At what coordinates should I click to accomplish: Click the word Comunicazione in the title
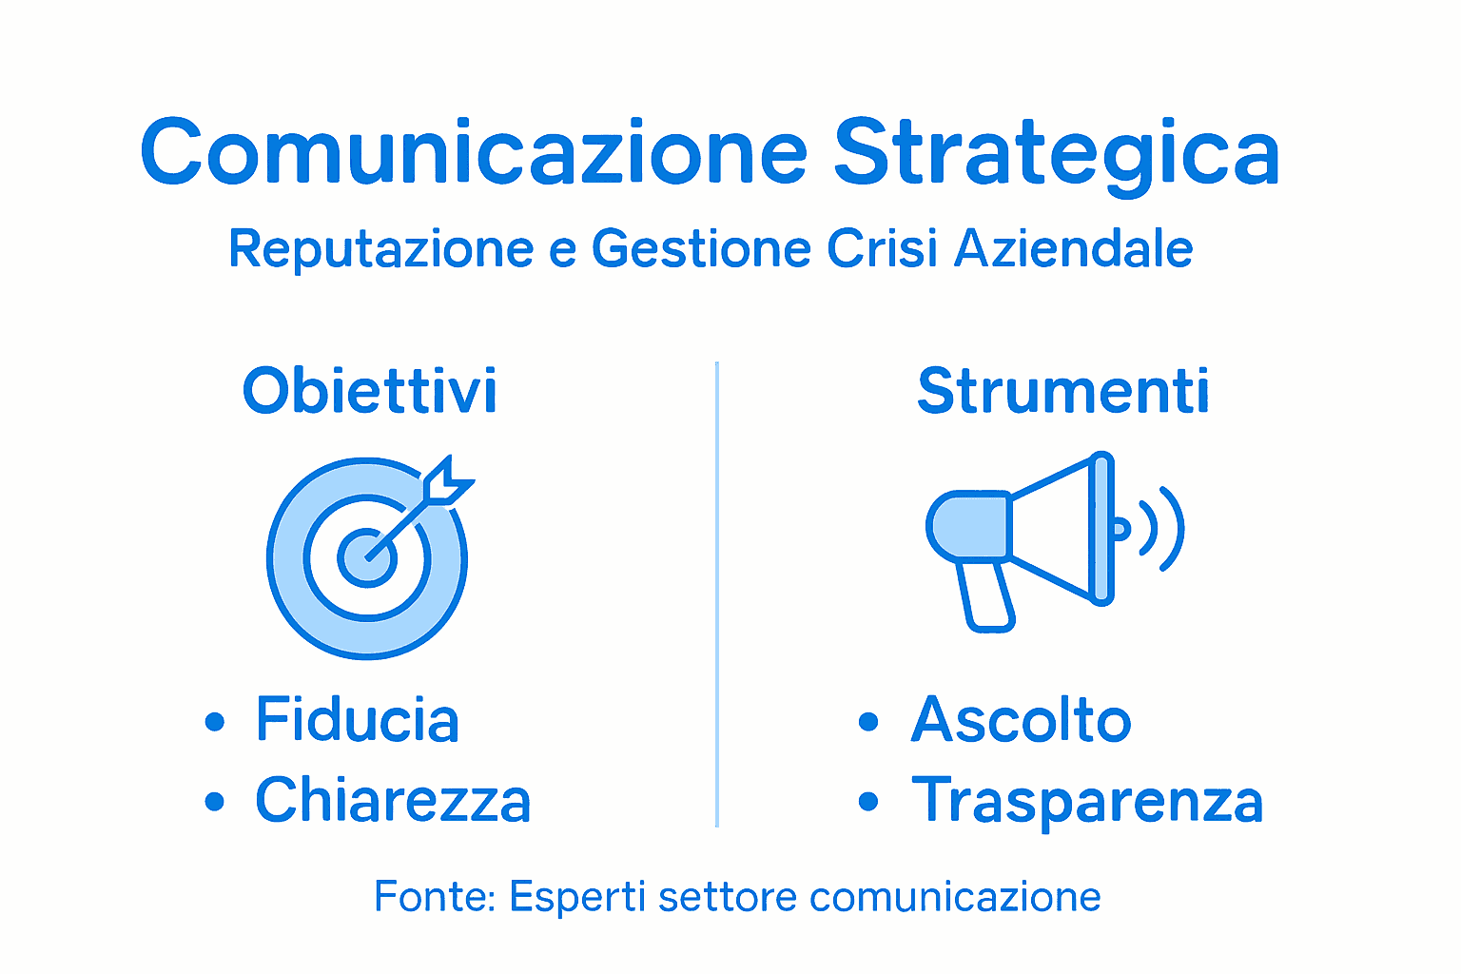tap(474, 152)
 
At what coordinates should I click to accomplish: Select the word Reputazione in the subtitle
tap(380, 249)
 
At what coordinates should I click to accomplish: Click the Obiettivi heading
tap(370, 391)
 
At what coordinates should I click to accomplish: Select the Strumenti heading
tap(1062, 391)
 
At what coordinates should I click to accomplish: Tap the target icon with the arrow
tap(367, 558)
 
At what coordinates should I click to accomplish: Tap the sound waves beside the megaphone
tap(1160, 529)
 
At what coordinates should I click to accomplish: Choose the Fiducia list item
tap(357, 720)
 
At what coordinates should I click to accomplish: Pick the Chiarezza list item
tap(392, 801)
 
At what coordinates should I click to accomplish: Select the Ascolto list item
tap(1021, 720)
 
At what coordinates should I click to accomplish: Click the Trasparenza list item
tap(1086, 801)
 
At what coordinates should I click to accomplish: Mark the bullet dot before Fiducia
tap(215, 722)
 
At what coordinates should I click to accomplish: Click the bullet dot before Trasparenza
tap(867, 802)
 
